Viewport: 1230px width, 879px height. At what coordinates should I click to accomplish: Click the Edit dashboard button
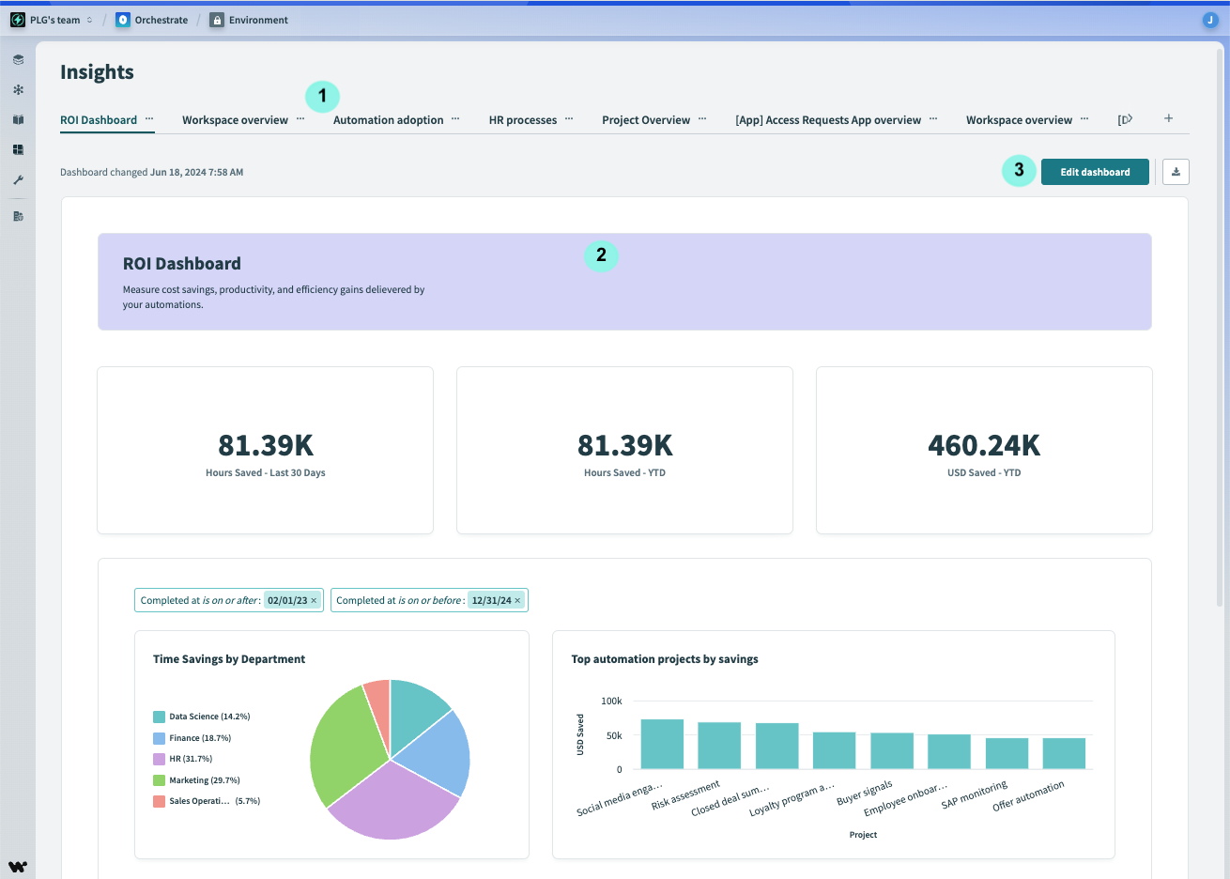(1095, 172)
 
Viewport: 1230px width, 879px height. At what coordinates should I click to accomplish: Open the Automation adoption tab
(388, 120)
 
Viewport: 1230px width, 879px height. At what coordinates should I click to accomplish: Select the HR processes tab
(522, 120)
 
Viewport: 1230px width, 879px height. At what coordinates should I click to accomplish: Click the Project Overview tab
(646, 120)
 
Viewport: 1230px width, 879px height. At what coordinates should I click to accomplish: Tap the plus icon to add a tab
(1168, 118)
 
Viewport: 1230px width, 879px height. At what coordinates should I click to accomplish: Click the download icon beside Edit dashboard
(1176, 172)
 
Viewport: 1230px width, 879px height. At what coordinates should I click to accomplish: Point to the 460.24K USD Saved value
(984, 445)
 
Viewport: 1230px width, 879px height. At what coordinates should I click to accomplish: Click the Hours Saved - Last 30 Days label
(266, 473)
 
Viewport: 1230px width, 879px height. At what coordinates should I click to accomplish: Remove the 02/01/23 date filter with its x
(314, 601)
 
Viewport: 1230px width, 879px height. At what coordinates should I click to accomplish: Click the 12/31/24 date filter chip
(492, 601)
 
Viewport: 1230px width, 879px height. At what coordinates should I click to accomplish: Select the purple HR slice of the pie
(394, 803)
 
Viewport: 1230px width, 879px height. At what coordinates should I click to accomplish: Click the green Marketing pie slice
(343, 742)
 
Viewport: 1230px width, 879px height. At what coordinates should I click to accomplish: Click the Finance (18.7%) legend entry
(199, 738)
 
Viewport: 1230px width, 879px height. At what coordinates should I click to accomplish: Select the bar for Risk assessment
(719, 746)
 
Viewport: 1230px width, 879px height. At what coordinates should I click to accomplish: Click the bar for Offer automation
(1064, 753)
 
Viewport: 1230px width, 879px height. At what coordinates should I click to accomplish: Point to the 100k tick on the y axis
(611, 701)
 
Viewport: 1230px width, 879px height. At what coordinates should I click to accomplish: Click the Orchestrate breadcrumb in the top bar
(161, 20)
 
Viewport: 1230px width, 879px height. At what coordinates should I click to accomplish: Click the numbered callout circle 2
(601, 254)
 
